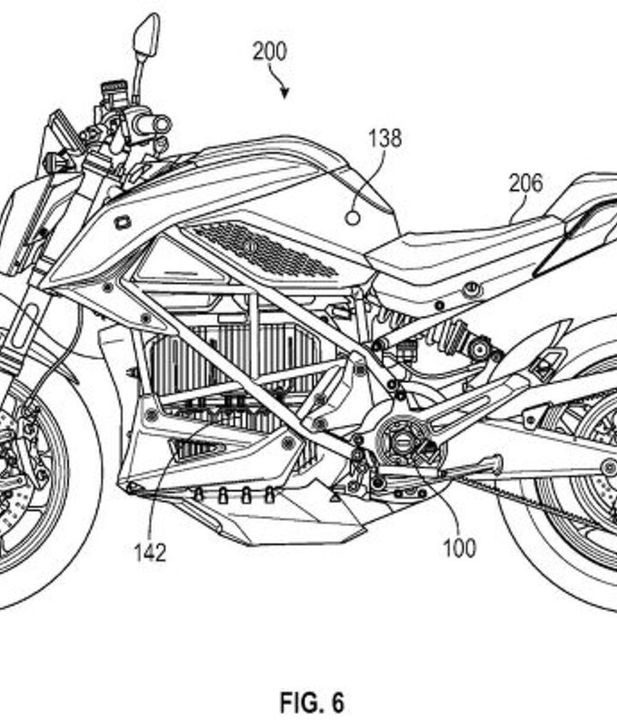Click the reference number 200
[269, 51]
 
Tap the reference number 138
[385, 138]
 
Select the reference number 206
[525, 183]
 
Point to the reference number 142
[149, 551]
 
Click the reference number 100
[458, 547]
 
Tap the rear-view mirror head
[146, 33]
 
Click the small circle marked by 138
[352, 218]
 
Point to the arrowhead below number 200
[285, 93]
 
